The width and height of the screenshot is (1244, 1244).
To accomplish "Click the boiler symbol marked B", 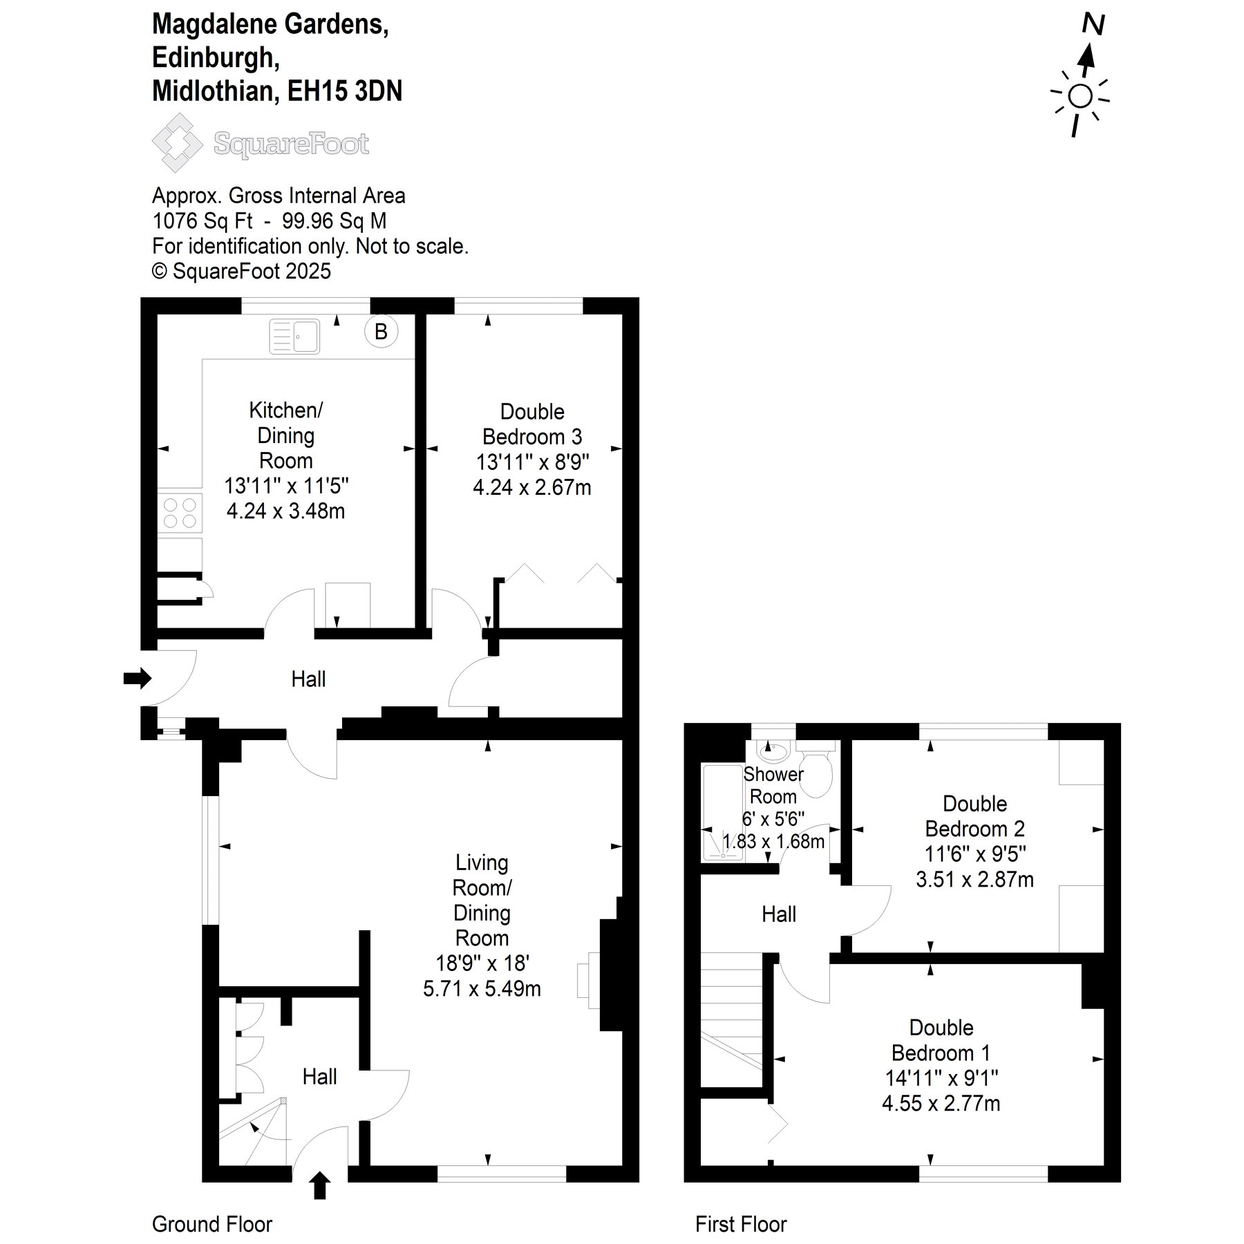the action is pyautogui.click(x=381, y=332).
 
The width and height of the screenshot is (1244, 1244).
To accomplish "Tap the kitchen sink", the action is pyautogui.click(x=294, y=336).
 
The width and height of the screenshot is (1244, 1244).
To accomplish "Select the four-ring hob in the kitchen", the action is pyautogui.click(x=180, y=513).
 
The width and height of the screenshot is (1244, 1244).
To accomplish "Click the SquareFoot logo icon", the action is pyautogui.click(x=177, y=143).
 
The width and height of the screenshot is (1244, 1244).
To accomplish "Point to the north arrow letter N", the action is pyautogui.click(x=1093, y=25).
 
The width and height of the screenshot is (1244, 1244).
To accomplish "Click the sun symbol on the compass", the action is pyautogui.click(x=1080, y=97).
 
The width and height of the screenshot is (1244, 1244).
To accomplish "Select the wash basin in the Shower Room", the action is pyautogui.click(x=773, y=750).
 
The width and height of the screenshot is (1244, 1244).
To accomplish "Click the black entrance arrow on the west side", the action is pyautogui.click(x=138, y=678).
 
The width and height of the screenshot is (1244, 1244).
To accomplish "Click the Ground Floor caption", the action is pyautogui.click(x=212, y=1224).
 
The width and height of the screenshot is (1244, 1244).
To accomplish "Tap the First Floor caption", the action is pyautogui.click(x=741, y=1224).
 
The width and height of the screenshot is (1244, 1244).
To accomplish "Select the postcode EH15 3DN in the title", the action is pyautogui.click(x=345, y=91).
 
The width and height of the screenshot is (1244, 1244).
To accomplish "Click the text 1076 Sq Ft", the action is pyautogui.click(x=202, y=221).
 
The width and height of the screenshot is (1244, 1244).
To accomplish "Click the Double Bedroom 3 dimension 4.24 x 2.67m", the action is pyautogui.click(x=532, y=487).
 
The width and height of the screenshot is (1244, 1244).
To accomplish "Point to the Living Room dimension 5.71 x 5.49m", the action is pyautogui.click(x=482, y=988).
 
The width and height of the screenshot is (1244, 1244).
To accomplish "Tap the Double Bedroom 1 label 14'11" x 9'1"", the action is pyautogui.click(x=941, y=1077).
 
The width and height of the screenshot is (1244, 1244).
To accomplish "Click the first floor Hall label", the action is pyautogui.click(x=779, y=914).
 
